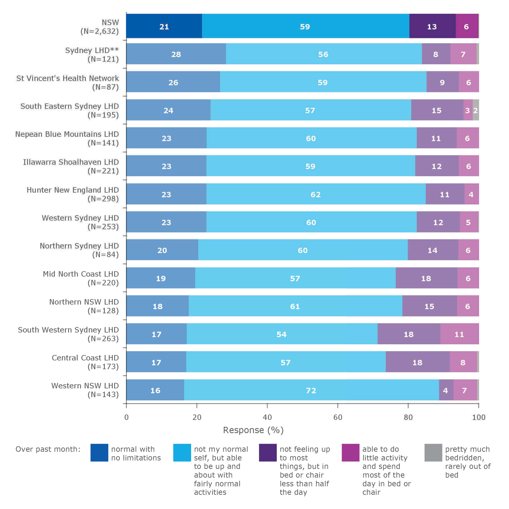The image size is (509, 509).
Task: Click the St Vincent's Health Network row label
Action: tap(67, 82)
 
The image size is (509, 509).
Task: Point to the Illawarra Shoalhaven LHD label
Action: tap(71, 166)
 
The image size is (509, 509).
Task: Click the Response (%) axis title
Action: tap(253, 430)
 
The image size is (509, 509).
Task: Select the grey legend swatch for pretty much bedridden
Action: tap(433, 453)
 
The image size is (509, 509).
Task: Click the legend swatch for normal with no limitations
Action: tap(99, 453)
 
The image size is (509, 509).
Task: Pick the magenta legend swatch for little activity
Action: tap(350, 453)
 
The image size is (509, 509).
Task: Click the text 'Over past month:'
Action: tap(48, 449)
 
